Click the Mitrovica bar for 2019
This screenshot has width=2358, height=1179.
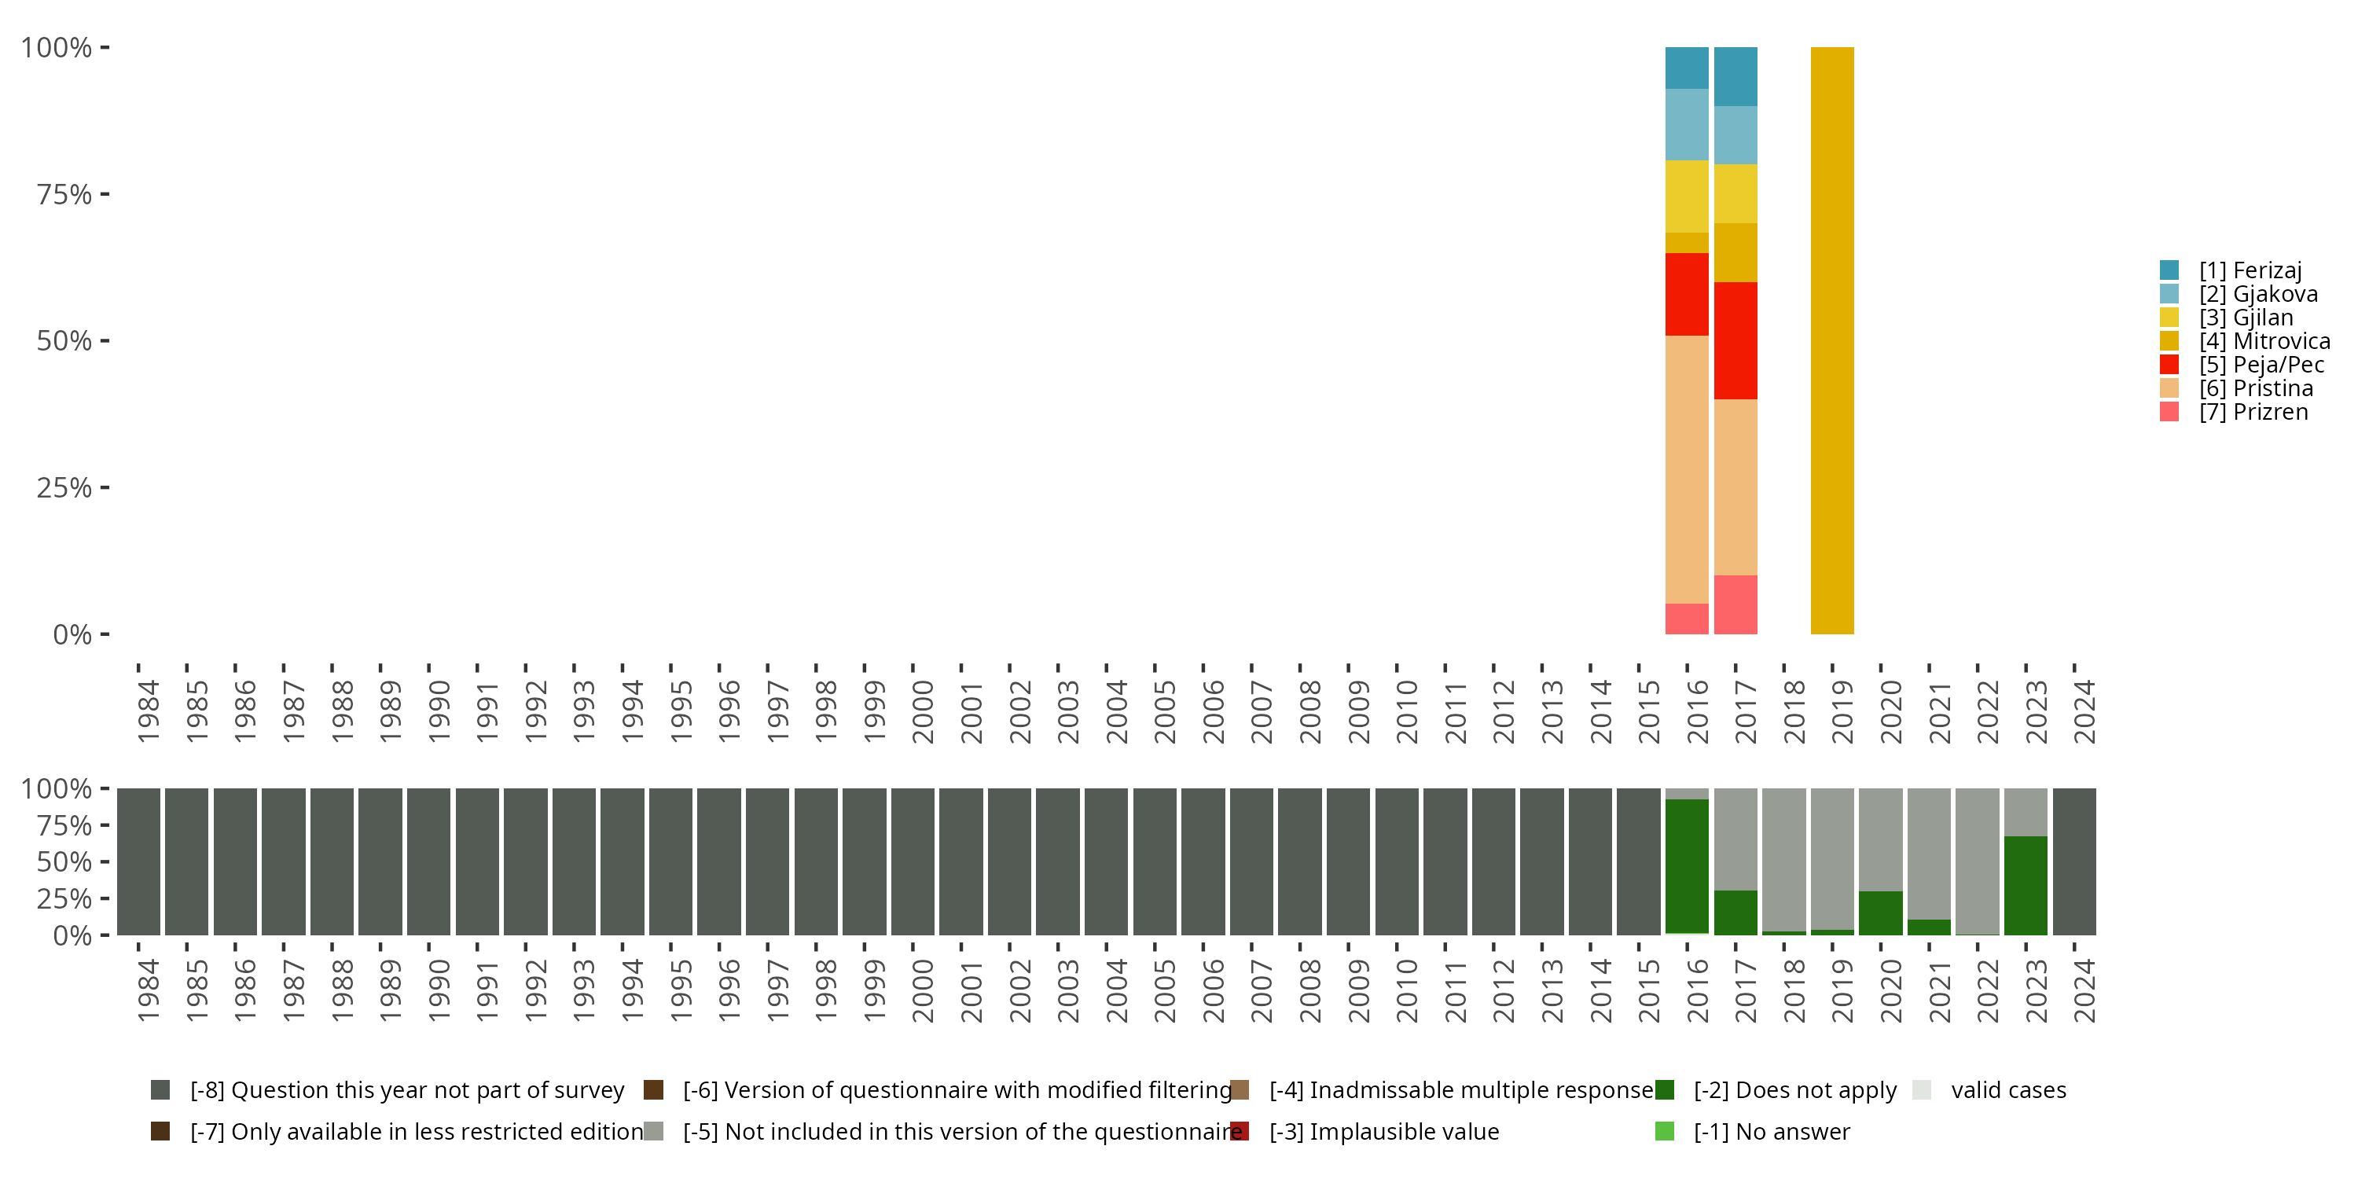coord(1831,340)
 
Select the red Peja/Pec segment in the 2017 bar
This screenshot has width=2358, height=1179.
coord(1735,340)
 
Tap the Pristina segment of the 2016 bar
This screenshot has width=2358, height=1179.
coord(1686,468)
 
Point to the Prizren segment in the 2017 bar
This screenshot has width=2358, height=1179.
coord(1735,604)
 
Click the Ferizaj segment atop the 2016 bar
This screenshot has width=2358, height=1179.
coord(1686,68)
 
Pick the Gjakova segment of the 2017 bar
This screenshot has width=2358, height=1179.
coord(1735,134)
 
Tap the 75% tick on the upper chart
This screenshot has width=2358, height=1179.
coord(64,194)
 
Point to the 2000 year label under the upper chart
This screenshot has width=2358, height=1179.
coord(923,711)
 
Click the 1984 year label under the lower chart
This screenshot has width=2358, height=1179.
coord(149,990)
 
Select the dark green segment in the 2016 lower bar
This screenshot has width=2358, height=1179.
coord(1686,865)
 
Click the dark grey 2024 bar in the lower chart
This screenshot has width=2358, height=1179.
coord(2073,861)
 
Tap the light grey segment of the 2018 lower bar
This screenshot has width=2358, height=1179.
coord(1783,858)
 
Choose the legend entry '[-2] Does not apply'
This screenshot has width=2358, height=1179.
coord(1794,1090)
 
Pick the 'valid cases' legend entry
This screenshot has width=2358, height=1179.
coord(2007,1090)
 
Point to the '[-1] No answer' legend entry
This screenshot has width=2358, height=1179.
coord(1770,1131)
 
